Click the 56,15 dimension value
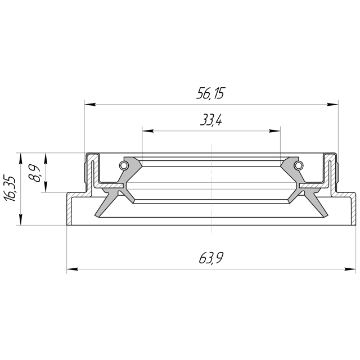(x=210, y=93)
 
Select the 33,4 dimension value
(x=211, y=120)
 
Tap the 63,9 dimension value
(x=211, y=258)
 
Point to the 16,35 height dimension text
(x=10, y=189)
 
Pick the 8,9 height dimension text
(x=34, y=173)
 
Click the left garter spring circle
(x=123, y=165)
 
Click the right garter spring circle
(x=299, y=165)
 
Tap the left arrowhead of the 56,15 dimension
(x=90, y=105)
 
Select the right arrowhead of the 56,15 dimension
(x=332, y=105)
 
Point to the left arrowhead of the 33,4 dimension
(x=148, y=131)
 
